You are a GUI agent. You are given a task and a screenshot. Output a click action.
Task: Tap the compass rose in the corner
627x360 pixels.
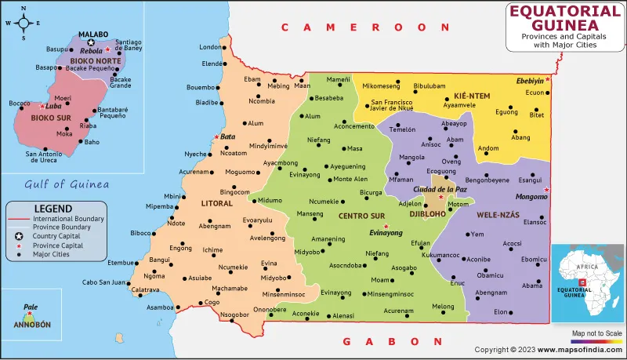24,23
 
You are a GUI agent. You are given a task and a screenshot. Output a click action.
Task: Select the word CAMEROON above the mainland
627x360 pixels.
351,27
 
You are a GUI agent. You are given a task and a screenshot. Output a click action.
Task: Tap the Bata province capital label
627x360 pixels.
228,136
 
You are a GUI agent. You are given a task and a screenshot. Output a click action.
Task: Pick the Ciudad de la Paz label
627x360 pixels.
440,189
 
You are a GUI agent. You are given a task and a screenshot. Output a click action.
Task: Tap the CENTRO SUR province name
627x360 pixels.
361,215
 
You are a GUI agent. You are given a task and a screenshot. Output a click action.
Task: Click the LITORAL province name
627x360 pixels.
217,204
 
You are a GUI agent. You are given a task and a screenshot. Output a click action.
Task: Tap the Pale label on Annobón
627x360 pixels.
31,309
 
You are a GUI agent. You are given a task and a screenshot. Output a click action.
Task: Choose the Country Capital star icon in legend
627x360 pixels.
17,236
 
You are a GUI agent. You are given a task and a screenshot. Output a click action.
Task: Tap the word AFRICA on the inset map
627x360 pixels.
589,267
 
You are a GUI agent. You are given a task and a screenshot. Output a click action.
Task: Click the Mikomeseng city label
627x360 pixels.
381,85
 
